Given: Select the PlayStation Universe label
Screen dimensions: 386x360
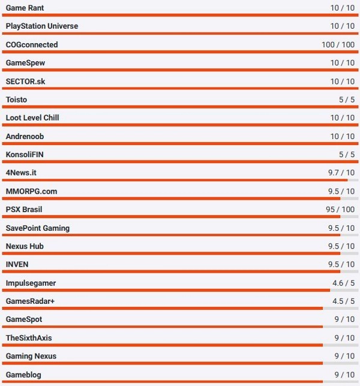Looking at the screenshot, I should click(x=42, y=26).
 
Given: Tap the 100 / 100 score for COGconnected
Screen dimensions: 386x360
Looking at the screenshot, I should click(x=338, y=45).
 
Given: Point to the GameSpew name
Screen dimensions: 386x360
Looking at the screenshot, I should click(x=25, y=63).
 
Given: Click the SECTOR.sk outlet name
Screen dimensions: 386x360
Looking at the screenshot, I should click(x=25, y=82).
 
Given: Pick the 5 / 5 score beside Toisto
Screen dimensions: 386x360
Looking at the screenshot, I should click(x=346, y=99).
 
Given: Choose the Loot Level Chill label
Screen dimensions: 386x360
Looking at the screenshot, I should click(x=32, y=118).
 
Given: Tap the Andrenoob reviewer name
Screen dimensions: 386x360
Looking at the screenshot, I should click(x=25, y=137).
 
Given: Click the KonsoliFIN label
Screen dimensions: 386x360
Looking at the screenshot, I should click(x=25, y=155).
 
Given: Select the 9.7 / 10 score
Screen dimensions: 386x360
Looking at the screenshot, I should click(x=341, y=173).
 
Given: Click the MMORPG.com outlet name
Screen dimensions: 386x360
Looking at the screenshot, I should click(x=32, y=191).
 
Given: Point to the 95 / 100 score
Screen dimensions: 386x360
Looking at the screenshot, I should click(x=340, y=210).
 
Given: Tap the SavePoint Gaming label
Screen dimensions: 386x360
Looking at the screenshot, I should click(x=38, y=228).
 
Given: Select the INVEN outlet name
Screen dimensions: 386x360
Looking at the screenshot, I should click(x=17, y=264).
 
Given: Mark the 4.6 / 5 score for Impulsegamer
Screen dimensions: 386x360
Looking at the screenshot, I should click(x=343, y=283).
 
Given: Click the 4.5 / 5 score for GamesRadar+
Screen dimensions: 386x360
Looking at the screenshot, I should click(x=343, y=301).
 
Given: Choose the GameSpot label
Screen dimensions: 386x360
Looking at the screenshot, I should click(x=24, y=319).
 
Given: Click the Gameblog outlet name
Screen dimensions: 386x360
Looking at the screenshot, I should click(x=23, y=375).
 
